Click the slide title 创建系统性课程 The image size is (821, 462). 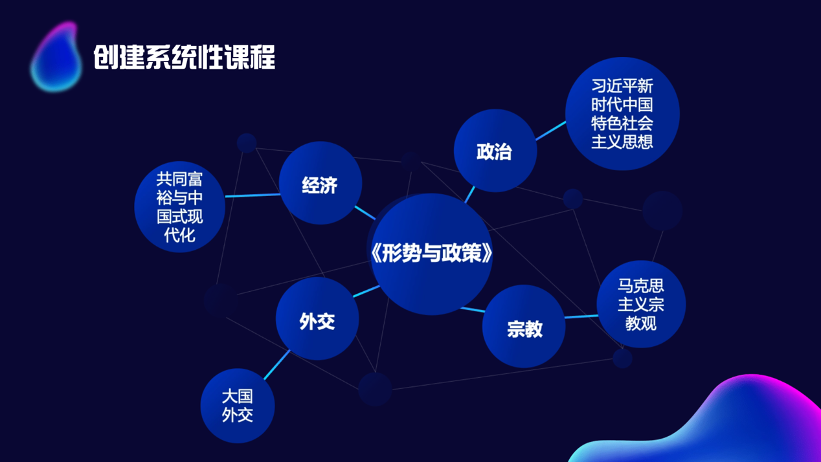click(185, 57)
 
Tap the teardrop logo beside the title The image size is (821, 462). click(56, 56)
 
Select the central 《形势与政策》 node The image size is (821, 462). click(431, 254)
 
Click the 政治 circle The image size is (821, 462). click(495, 151)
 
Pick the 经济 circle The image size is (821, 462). click(321, 183)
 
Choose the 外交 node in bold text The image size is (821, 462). click(317, 318)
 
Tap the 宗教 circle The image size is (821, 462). click(524, 326)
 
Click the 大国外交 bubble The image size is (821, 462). click(238, 406)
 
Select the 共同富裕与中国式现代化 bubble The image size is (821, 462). click(179, 206)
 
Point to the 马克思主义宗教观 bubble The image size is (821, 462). click(641, 304)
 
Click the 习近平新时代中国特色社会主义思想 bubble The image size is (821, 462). click(622, 114)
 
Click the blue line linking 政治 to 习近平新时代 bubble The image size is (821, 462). click(551, 131)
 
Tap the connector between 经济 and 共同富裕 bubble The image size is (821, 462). click(253, 195)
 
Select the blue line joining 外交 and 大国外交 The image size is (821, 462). click(277, 364)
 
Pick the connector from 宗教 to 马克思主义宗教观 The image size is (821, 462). click(581, 316)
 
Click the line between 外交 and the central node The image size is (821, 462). click(366, 291)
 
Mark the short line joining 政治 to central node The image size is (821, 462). click(470, 195)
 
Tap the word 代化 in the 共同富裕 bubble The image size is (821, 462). click(179, 236)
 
